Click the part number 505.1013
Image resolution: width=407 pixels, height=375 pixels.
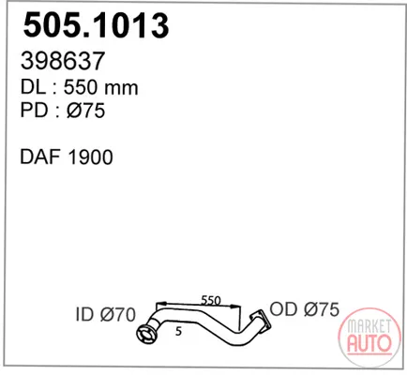[96, 25]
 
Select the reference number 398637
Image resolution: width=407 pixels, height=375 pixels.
[62, 61]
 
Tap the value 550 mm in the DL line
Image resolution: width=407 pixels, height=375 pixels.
[100, 87]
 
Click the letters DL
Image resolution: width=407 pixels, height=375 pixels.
[33, 87]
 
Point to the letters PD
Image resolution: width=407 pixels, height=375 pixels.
[33, 110]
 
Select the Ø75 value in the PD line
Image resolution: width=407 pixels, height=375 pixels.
[85, 111]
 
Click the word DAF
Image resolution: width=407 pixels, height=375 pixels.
[40, 157]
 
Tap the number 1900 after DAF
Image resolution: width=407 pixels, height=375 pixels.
[90, 157]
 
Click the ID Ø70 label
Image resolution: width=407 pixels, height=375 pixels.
[106, 314]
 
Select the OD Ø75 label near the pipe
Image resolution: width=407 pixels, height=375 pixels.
[304, 309]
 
